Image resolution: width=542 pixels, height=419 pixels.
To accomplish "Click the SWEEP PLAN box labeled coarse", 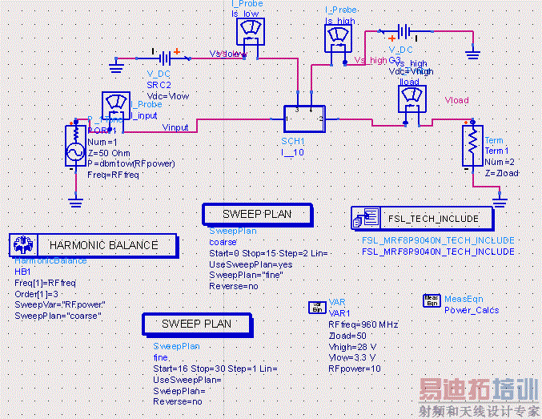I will point(257,215).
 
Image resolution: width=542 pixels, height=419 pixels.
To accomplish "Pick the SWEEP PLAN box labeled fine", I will point(197,324).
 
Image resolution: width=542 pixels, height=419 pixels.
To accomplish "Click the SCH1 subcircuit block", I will point(303,120).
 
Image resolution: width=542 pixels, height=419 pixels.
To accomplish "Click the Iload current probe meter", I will point(412,99).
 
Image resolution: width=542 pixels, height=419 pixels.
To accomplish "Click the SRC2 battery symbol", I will point(165,58).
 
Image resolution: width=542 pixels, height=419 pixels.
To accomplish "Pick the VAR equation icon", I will point(317,307).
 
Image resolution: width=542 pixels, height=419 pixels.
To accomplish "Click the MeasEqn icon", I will point(432,300).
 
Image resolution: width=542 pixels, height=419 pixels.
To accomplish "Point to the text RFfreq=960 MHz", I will point(363,324).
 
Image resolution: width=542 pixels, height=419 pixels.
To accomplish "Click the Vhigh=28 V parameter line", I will point(354,346).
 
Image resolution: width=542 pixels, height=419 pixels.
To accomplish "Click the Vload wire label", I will point(456,101).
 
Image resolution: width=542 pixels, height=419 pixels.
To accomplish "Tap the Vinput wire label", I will point(175,127).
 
